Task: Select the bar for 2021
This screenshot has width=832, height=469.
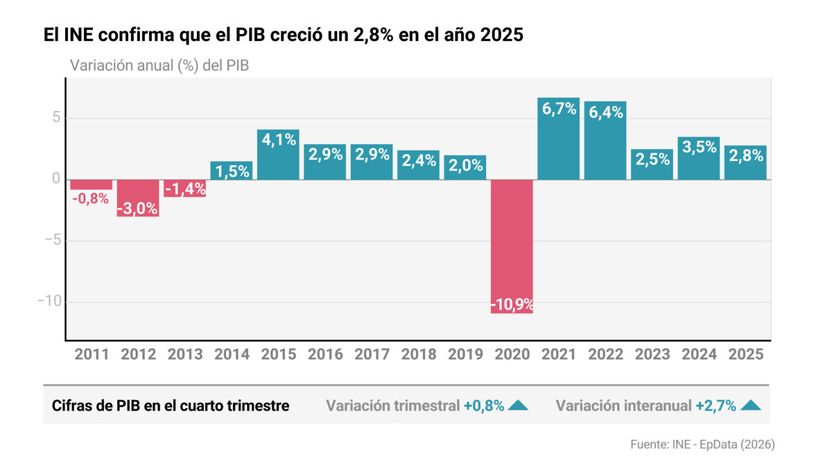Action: [558, 139]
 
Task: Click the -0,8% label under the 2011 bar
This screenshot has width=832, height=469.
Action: [92, 198]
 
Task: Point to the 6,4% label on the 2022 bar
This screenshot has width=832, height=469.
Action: [605, 112]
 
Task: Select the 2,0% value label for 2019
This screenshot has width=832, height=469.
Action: [465, 166]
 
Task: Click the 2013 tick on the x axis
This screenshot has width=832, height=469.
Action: [184, 355]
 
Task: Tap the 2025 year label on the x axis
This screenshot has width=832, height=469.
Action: [746, 355]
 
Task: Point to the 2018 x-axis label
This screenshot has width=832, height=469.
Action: [418, 355]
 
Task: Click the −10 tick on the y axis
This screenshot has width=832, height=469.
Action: [48, 302]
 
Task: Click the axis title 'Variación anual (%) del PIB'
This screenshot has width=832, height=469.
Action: [159, 66]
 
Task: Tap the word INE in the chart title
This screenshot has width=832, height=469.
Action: [82, 35]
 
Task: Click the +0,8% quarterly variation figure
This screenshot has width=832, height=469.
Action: [484, 406]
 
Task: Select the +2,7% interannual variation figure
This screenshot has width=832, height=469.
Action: [716, 406]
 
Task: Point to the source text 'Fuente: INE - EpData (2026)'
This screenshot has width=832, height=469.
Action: [702, 444]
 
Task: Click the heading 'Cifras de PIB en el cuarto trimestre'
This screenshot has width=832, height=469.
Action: [171, 406]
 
